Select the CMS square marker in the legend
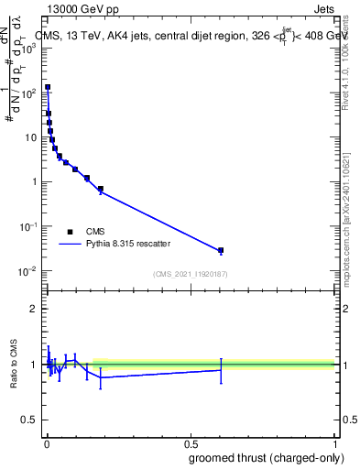[70, 232]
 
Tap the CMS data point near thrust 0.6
[221, 250]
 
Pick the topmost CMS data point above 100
[48, 88]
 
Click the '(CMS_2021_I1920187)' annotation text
[191, 274]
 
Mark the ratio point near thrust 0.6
[221, 370]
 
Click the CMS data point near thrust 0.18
[100, 190]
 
